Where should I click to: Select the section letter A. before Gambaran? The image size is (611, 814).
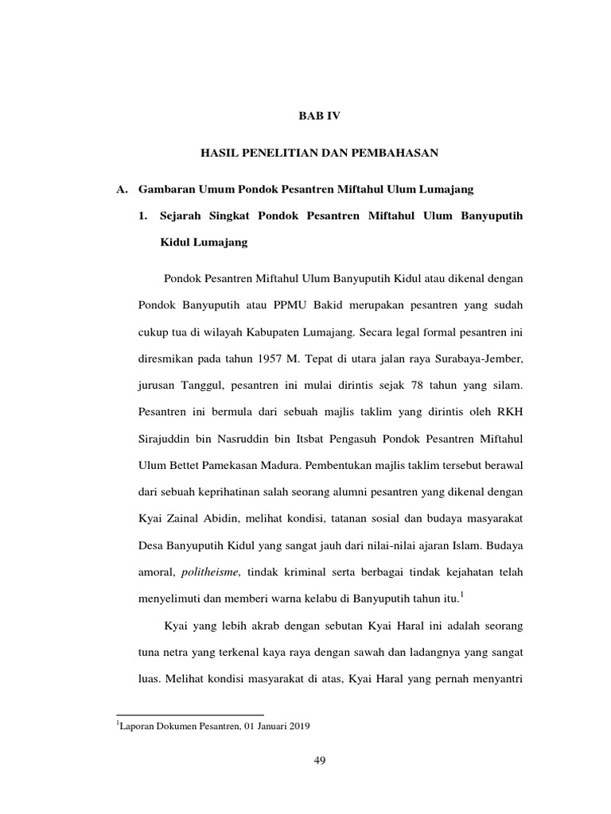point(123,189)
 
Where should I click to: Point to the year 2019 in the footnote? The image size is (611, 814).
point(298,726)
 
